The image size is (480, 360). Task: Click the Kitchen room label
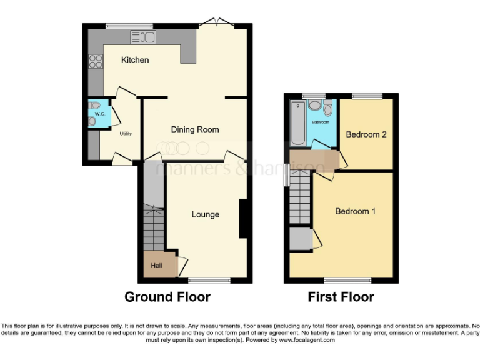click(x=135, y=60)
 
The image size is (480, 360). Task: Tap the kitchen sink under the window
click(x=143, y=37)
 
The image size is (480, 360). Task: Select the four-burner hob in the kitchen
click(x=97, y=61)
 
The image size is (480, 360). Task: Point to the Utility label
click(x=125, y=134)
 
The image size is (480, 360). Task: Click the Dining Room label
click(x=195, y=130)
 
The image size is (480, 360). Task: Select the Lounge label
click(x=205, y=214)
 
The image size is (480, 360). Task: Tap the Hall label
click(x=156, y=266)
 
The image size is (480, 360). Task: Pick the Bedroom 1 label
click(x=355, y=211)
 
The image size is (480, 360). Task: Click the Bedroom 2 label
click(x=366, y=134)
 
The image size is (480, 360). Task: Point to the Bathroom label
click(x=321, y=122)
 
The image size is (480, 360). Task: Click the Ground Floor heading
click(x=167, y=297)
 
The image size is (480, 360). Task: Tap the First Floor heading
click(x=341, y=297)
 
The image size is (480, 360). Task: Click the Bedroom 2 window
click(x=366, y=96)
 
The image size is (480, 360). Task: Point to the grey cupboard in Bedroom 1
click(x=301, y=239)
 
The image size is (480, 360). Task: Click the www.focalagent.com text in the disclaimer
click(x=306, y=341)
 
